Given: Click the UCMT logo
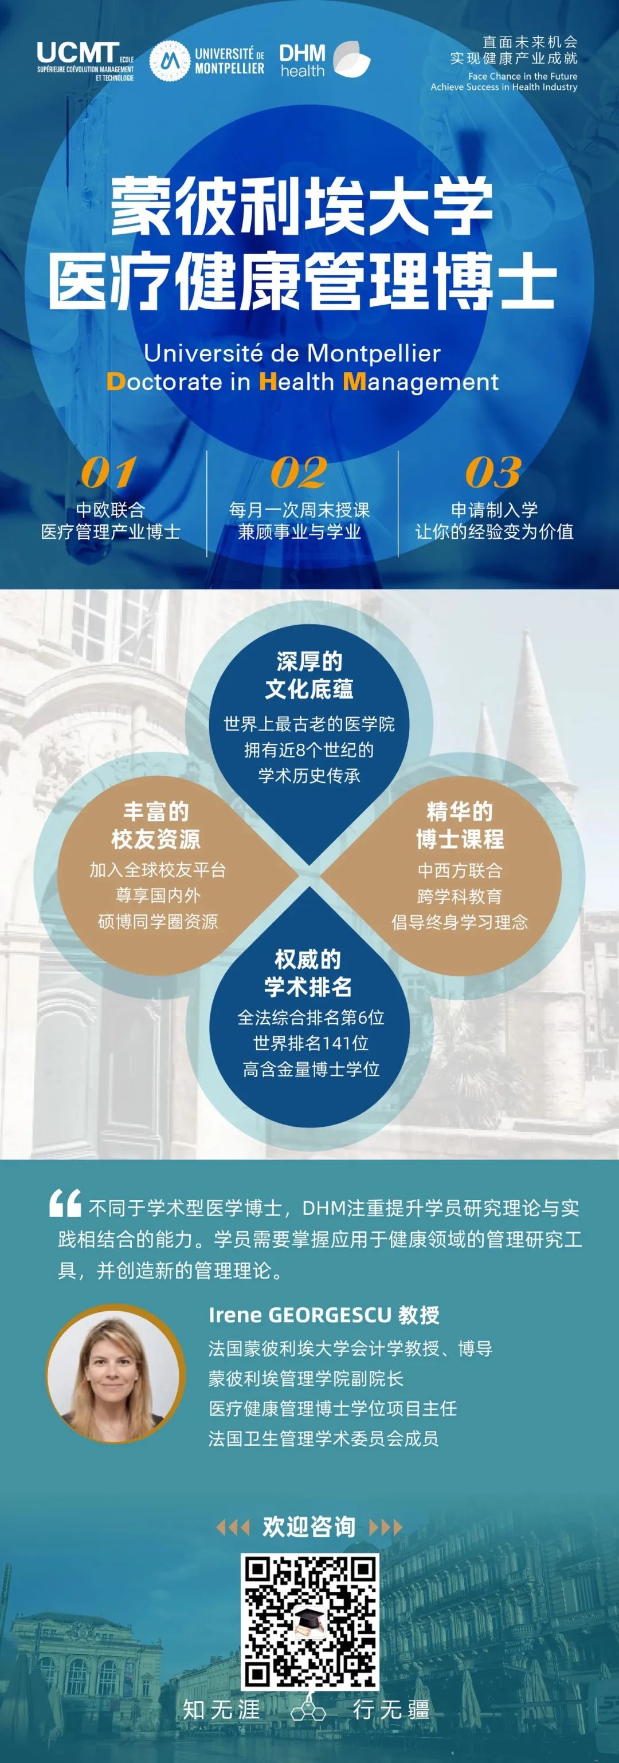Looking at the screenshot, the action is click(85, 61).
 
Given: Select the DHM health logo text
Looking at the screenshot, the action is click(302, 60).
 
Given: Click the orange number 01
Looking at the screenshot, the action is click(108, 472).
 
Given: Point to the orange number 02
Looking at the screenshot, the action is click(299, 472).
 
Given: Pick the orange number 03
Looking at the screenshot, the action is click(493, 472).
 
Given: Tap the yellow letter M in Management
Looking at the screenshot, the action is click(354, 381).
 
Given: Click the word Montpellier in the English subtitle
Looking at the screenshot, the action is click(374, 353).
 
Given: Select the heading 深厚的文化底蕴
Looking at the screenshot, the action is click(309, 675).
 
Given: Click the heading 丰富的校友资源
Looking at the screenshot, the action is click(156, 825).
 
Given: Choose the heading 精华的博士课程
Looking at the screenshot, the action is click(460, 825).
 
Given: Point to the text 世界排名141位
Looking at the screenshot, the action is click(311, 1043).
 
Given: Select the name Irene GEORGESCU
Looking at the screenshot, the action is click(299, 1315).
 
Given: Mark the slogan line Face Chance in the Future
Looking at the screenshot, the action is click(523, 76).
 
